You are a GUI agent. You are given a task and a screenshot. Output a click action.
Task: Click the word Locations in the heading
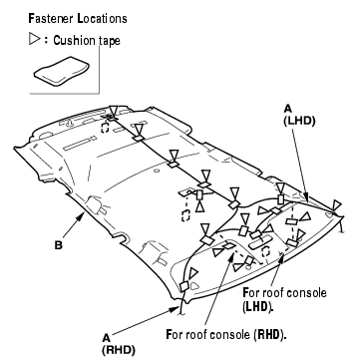103,18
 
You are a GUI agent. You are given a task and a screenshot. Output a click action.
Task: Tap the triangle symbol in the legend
34,40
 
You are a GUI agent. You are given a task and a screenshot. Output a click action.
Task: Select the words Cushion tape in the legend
87,41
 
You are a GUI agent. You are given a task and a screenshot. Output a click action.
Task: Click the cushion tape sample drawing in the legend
62,71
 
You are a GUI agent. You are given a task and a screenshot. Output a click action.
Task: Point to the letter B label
59,246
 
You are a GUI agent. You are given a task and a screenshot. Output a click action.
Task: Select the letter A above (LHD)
288,109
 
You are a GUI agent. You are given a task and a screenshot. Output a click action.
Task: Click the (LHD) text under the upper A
299,121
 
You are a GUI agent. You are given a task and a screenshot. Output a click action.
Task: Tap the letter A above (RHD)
106,338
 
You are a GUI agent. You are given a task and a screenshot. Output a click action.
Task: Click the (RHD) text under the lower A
119,350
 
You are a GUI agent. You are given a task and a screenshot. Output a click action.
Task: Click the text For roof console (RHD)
226,334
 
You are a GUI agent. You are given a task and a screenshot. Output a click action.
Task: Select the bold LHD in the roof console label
256,306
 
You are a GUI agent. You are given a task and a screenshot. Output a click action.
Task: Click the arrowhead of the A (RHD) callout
176,309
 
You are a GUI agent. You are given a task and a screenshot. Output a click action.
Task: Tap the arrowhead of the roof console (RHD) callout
230,258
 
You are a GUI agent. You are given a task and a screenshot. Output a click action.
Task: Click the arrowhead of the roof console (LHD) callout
281,258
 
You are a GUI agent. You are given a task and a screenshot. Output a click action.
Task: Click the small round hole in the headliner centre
157,172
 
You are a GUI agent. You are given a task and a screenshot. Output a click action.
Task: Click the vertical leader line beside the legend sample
99,69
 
